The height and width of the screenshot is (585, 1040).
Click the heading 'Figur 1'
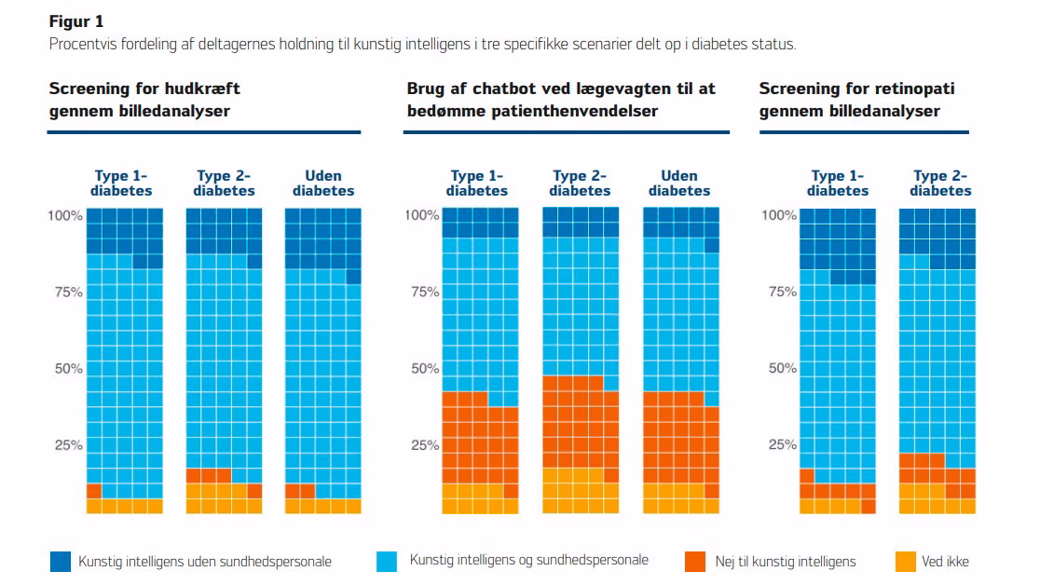coord(76,21)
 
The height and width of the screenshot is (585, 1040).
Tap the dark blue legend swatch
coord(61,561)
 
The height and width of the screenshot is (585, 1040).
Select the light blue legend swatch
coord(387,561)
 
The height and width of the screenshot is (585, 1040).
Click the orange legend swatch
coord(695,561)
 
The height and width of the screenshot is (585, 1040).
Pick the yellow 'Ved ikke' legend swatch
coord(906,561)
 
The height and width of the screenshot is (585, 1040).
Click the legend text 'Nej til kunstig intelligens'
coord(786,562)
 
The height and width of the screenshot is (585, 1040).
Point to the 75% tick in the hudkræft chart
coord(68,292)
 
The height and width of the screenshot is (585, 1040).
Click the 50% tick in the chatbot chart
coord(425,368)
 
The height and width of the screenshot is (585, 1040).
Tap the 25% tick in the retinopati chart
coord(783,444)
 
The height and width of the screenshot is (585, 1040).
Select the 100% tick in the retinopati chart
coord(779,215)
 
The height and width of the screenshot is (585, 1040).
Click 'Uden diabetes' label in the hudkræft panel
coord(323,184)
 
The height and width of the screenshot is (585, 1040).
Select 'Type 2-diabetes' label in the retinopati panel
coord(940,184)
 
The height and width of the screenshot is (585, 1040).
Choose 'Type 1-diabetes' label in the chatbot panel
coord(477,184)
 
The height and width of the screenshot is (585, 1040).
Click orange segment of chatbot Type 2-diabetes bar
coord(581,425)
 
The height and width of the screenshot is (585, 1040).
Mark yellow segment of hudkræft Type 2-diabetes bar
coord(224,498)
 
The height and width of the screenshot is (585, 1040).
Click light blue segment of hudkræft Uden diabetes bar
coord(323,378)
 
